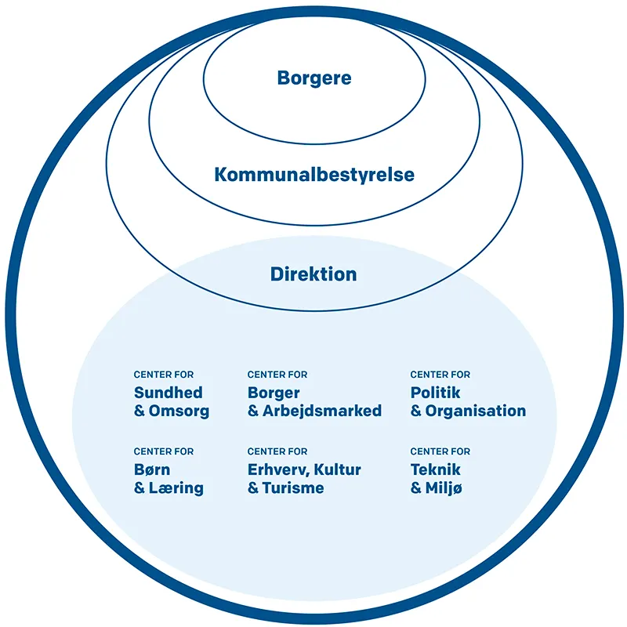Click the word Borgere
pos(314,78)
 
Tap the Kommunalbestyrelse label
pos(314,174)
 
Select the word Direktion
pos(313,274)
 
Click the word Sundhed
pos(168,393)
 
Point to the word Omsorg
pos(180,411)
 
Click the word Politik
pos(435,393)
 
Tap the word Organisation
pos(476,411)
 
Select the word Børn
pos(152,470)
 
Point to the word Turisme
pos(294,488)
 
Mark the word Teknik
pos(435,470)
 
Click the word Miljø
pos(444,488)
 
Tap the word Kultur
pos(339,470)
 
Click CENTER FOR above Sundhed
pos(164,375)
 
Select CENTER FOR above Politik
pos(440,375)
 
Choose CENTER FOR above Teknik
pos(440,451)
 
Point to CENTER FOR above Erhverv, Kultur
pos(277,451)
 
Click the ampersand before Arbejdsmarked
pos(253,411)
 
